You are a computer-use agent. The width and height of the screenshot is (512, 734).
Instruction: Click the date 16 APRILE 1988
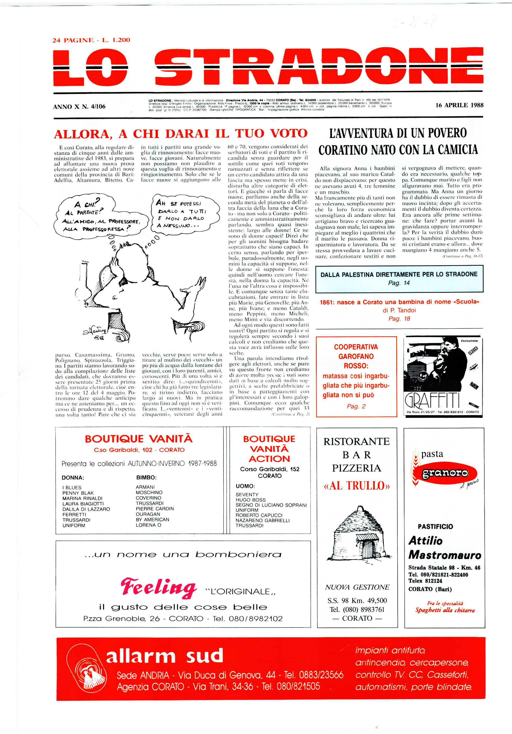pyautogui.click(x=459, y=105)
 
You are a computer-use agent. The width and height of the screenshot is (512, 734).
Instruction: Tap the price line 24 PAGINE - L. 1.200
pyautogui.click(x=91, y=40)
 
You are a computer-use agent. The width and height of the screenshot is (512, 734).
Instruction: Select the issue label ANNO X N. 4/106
pyautogui.click(x=79, y=107)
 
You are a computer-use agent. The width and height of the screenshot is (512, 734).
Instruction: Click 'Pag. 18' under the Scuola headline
pyautogui.click(x=399, y=319)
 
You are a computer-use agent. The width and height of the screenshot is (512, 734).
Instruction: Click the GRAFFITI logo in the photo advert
pyautogui.click(x=432, y=401)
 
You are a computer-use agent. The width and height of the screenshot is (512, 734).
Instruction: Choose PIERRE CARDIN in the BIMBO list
pyautogui.click(x=155, y=509)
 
